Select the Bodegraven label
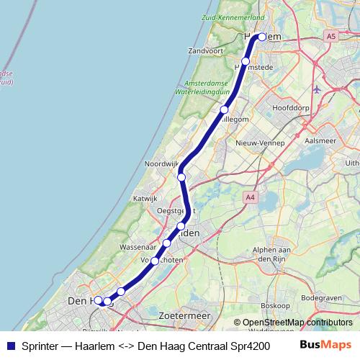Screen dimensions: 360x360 (x=320, y=297)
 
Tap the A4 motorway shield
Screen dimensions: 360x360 (x=250, y=197)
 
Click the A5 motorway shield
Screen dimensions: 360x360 (x=330, y=36)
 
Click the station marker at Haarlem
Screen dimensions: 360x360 (x=262, y=37)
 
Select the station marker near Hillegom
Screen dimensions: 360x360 (x=225, y=110)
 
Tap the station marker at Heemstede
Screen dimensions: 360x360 (x=246, y=61)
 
